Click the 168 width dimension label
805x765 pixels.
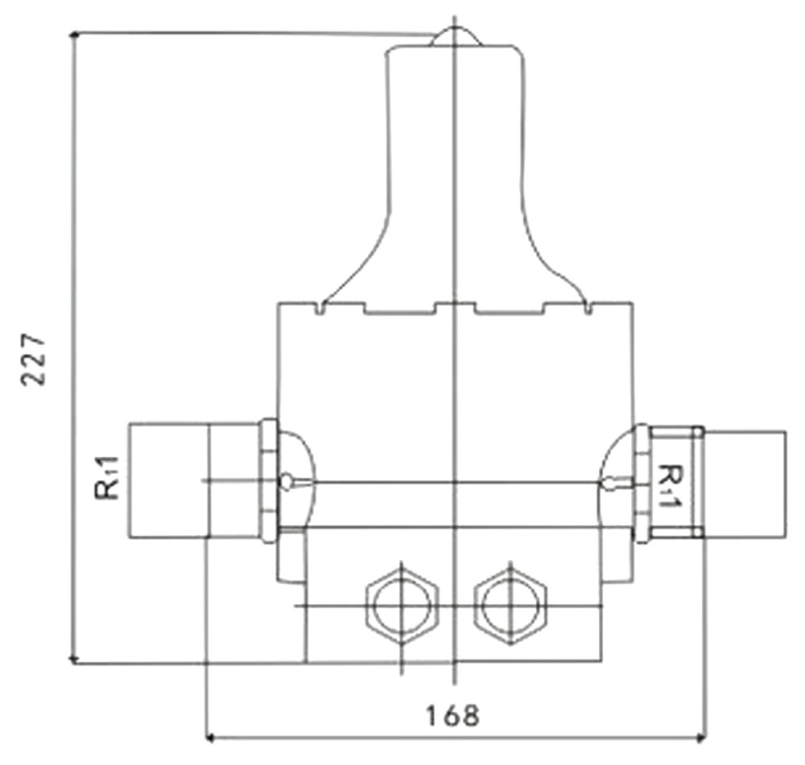[452, 715]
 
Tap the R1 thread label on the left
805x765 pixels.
[107, 478]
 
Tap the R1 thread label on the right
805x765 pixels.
[668, 486]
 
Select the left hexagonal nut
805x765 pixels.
[402, 606]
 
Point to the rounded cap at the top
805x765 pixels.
[455, 37]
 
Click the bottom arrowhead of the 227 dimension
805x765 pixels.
[74, 659]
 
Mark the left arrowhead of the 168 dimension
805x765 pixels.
[210, 738]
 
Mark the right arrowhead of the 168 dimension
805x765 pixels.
[700, 738]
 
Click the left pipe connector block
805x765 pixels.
[193, 480]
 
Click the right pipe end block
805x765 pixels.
[744, 484]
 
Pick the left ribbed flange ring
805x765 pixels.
[269, 480]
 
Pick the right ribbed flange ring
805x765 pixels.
[642, 483]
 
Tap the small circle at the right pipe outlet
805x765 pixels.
[609, 483]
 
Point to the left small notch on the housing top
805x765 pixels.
[320, 308]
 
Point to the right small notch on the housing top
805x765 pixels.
[588, 308]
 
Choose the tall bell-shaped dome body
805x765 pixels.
[455, 175]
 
